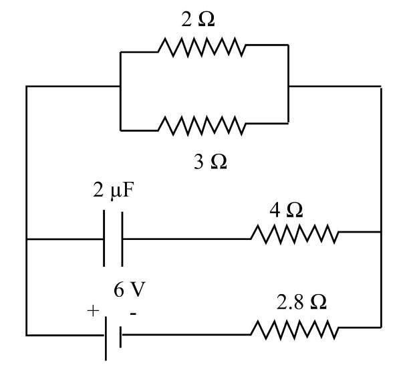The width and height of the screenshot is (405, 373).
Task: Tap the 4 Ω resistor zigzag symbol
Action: pyautogui.click(x=295, y=233)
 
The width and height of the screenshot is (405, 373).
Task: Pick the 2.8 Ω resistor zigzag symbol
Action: pyautogui.click(x=295, y=330)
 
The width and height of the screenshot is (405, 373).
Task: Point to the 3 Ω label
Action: pyautogui.click(x=209, y=161)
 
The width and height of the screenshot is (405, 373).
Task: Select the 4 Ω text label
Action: pyautogui.click(x=285, y=209)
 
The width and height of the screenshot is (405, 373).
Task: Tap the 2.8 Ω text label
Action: pyautogui.click(x=301, y=303)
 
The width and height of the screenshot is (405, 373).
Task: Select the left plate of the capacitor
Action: pyautogui.click(x=105, y=239)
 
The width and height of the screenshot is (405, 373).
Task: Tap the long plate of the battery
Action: pyautogui.click(x=107, y=334)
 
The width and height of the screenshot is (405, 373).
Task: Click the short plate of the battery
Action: pyautogui.click(x=120, y=334)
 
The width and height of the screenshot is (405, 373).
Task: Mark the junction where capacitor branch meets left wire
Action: pyautogui.click(x=27, y=239)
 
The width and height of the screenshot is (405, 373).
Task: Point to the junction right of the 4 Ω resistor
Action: pyautogui.click(x=381, y=233)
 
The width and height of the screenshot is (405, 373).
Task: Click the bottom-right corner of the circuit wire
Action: pyautogui.click(x=381, y=330)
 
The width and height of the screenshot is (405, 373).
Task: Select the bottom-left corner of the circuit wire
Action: pyautogui.click(x=27, y=334)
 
